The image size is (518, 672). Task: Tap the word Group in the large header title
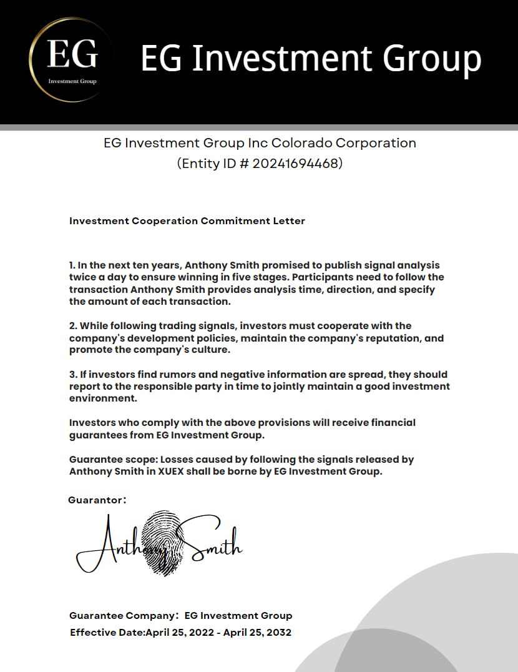tap(432, 59)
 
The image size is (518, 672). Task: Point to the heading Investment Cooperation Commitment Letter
tap(187, 221)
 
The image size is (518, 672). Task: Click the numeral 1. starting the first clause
tap(72, 265)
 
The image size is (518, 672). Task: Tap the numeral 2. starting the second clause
tap(73, 326)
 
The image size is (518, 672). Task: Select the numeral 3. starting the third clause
tap(73, 375)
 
